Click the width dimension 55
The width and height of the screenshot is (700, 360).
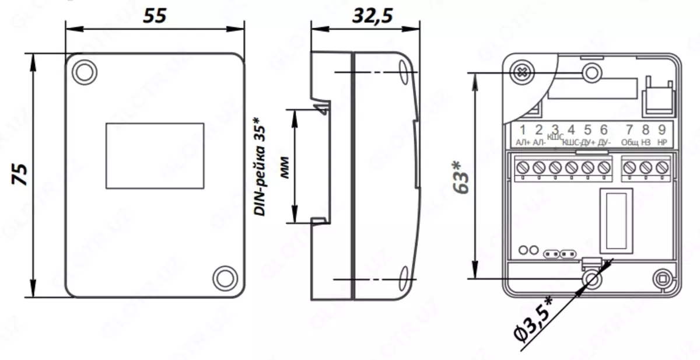tap(155, 16)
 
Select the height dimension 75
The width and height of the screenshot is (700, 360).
tap(21, 174)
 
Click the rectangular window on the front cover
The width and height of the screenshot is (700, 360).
tap(155, 156)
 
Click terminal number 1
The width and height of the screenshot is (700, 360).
tap(523, 130)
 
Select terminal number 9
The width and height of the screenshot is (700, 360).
tap(661, 130)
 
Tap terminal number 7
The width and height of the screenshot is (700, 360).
tap(629, 130)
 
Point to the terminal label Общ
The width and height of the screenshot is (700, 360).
tap(629, 142)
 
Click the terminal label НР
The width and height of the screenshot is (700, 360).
tap(661, 142)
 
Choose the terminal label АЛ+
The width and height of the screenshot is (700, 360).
tap(522, 142)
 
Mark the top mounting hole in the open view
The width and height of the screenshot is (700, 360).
tap(592, 72)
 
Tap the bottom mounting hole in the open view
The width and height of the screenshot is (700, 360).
tap(592, 279)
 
